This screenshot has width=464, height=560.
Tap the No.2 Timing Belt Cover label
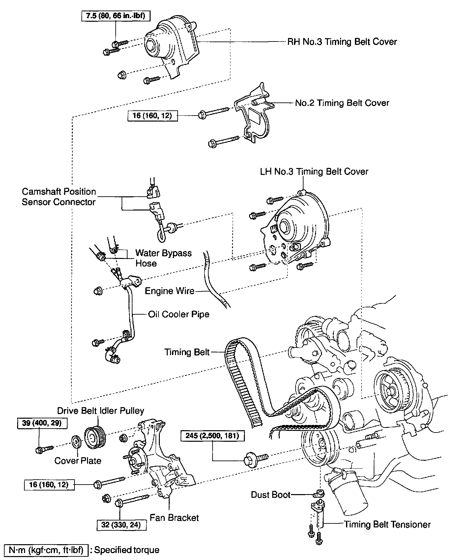(x=342, y=103)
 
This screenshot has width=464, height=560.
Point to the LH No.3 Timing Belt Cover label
(x=314, y=172)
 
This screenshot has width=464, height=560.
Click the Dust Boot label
(x=271, y=495)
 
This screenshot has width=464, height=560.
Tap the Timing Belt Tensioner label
(x=387, y=525)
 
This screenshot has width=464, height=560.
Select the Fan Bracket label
(x=174, y=518)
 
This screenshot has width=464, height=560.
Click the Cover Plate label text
(x=78, y=461)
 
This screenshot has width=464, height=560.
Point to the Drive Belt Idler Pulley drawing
(x=95, y=437)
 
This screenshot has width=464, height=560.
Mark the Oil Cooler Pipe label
(x=179, y=314)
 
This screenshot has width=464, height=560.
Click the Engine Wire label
(x=170, y=291)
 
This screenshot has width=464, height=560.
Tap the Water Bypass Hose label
(x=163, y=258)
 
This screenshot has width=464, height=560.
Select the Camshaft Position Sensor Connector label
(x=59, y=197)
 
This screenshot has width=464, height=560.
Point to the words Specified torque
(x=127, y=550)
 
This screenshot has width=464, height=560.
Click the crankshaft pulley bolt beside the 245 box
(x=255, y=458)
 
